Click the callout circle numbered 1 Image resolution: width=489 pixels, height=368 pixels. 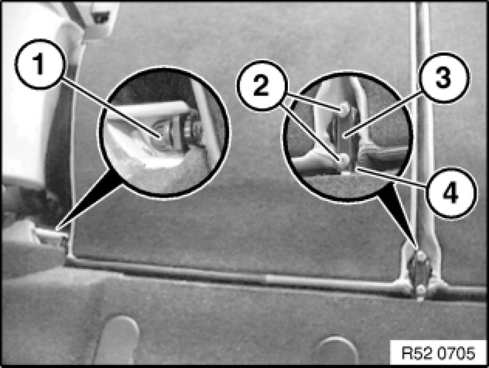(40, 65)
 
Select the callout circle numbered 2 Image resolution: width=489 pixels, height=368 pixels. (262, 85)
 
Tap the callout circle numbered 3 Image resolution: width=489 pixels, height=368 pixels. (444, 78)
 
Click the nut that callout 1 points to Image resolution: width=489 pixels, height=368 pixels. (162, 133)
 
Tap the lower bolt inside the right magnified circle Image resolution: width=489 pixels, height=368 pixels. (344, 160)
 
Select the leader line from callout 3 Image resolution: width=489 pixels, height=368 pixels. (383, 112)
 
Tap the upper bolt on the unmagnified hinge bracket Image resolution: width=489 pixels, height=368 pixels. (421, 256)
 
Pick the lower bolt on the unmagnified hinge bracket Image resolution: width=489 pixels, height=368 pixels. (421, 290)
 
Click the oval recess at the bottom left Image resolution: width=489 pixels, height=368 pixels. (120, 339)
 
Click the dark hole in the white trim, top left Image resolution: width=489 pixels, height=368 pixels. (101, 18)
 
